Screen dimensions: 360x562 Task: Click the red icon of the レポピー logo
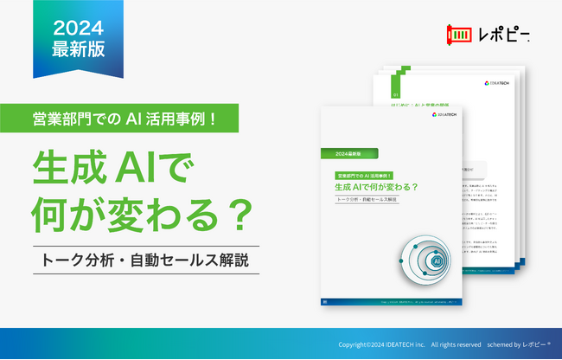pos(458,35)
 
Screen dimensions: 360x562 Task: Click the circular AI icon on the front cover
pos(437,260)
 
